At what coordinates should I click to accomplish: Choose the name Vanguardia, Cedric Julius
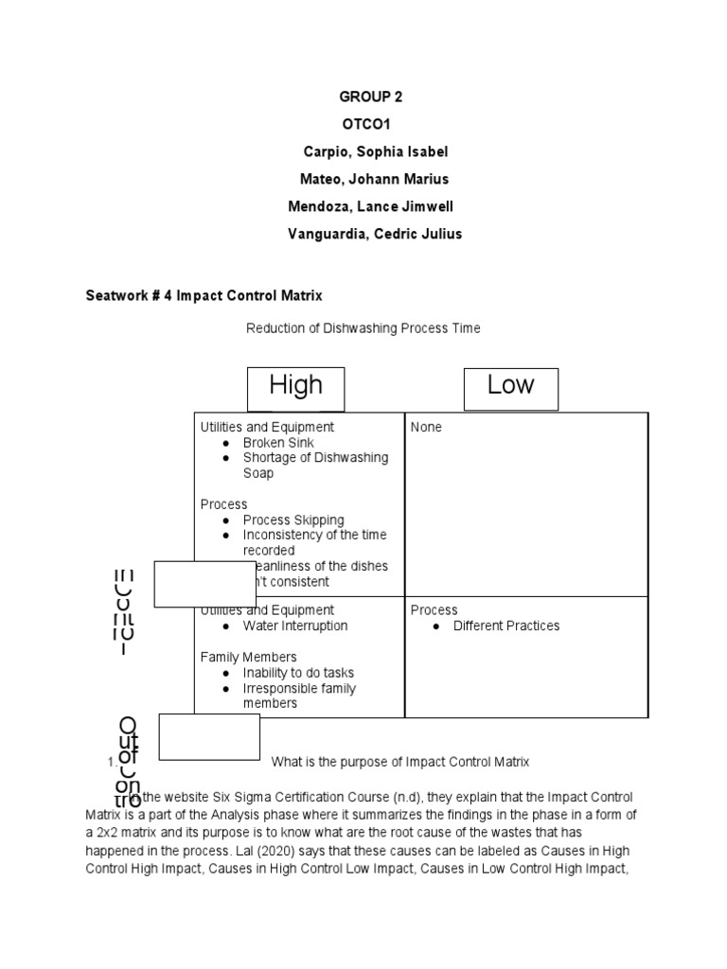pos(375,234)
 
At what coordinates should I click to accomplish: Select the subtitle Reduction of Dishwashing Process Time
pos(363,328)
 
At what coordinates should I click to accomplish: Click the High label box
pos(296,386)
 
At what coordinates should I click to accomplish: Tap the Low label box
pos(511,386)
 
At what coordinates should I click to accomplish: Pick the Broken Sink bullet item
pos(278,443)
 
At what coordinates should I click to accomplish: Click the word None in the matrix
pos(426,428)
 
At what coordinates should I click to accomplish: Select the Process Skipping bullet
pos(293,520)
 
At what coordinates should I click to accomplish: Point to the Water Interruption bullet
pos(294,625)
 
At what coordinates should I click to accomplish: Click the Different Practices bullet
pos(506,625)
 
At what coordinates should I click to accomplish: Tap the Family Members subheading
pos(248,657)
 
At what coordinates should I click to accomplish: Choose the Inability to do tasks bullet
pos(297,673)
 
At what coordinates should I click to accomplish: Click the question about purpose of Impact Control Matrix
pos(400,762)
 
